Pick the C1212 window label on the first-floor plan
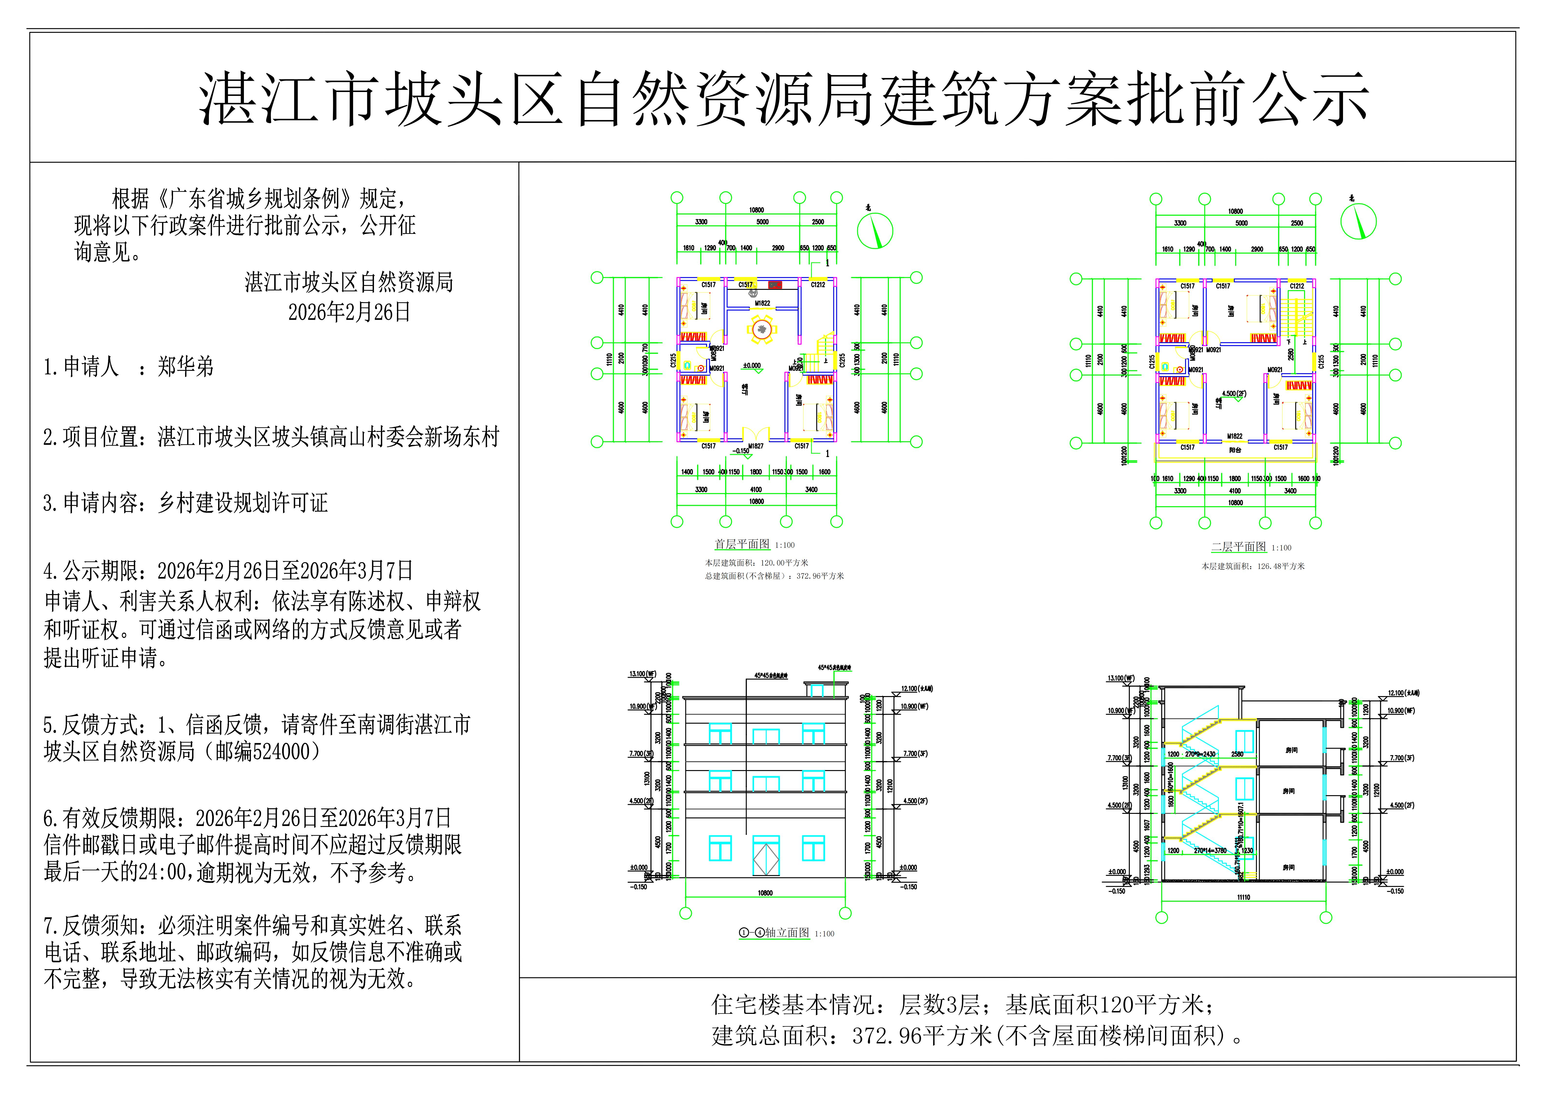818,285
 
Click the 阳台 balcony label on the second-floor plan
1234,450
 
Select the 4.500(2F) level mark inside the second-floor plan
1233,394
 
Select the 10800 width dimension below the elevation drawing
765,893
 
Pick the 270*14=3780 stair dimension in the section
1210,851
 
